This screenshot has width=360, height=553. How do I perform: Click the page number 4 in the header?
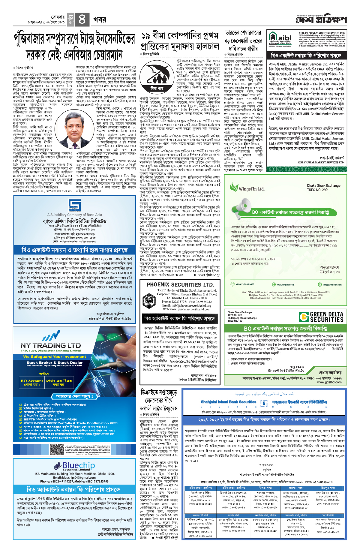click(x=82, y=20)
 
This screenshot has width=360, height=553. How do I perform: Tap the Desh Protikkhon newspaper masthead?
click(x=321, y=20)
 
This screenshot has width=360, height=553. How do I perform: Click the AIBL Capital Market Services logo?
click(x=280, y=39)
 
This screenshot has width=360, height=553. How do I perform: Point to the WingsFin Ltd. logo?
click(x=247, y=188)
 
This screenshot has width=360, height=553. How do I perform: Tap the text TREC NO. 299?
click(x=317, y=190)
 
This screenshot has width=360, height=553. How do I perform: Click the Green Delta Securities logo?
click(x=321, y=317)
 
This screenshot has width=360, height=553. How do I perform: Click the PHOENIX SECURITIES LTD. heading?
click(x=180, y=284)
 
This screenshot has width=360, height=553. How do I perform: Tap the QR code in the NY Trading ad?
click(x=57, y=450)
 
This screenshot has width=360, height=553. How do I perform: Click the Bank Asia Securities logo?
click(x=74, y=205)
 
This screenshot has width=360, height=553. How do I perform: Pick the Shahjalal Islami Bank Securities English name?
click(x=228, y=402)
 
